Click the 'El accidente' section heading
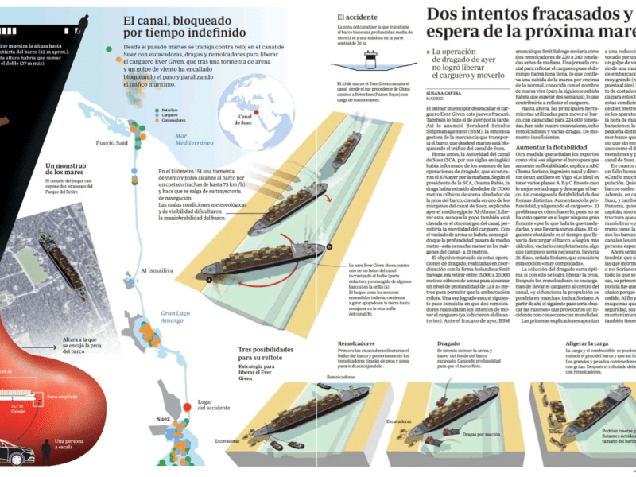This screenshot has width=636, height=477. [x=358, y=17]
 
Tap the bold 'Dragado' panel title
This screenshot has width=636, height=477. [x=448, y=344]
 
